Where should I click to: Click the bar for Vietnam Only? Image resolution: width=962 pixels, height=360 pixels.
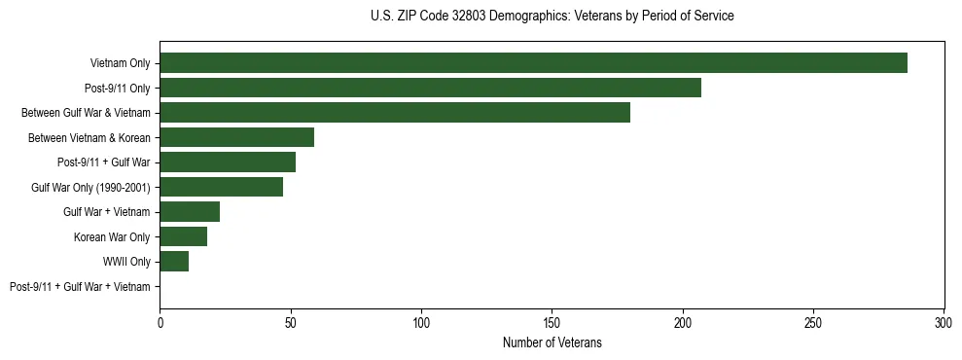(533, 63)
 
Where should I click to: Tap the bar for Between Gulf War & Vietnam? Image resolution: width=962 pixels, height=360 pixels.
(395, 113)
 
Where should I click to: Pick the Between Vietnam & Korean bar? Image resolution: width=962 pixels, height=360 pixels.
(236, 137)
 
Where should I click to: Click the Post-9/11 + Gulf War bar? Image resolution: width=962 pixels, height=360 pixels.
(228, 162)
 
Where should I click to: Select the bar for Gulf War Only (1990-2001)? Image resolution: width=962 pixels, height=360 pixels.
(221, 187)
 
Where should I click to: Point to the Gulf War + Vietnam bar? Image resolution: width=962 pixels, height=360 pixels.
(190, 212)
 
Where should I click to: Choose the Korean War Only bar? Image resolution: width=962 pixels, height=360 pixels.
(183, 236)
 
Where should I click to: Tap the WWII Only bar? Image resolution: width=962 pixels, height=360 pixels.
(174, 262)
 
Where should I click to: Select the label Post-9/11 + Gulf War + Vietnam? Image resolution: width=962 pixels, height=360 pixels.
(80, 287)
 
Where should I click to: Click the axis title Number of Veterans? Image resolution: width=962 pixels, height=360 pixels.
(552, 342)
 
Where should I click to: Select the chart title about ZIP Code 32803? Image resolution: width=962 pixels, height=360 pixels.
(552, 17)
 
